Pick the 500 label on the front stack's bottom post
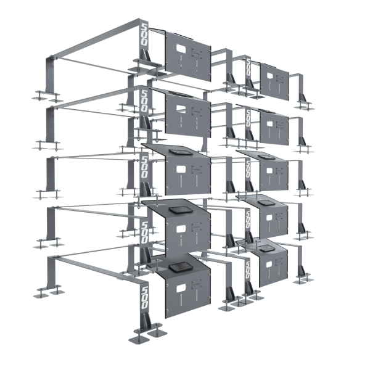[144, 295]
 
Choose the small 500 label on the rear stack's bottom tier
[247, 266]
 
